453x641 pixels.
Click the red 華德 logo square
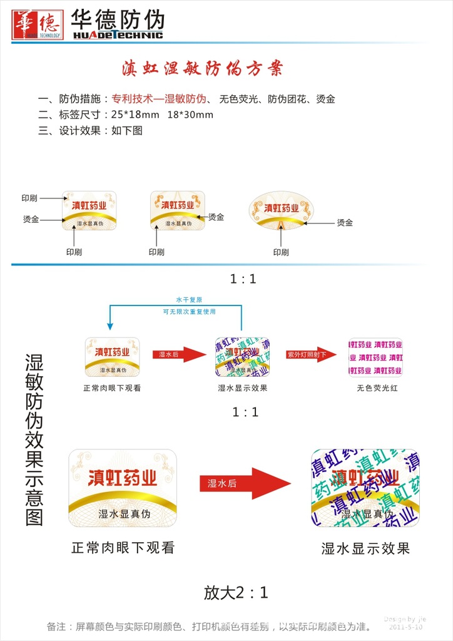38,24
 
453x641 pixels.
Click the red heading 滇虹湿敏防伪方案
202,68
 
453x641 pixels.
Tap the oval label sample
282,210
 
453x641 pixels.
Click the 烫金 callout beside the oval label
345,223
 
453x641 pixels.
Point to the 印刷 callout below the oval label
281,252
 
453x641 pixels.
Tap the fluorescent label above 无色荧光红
375,357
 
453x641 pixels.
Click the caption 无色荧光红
377,388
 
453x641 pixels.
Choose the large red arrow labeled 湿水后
245,483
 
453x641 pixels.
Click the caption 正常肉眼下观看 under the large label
123,548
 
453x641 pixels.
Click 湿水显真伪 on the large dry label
125,514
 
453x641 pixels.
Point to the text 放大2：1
236,592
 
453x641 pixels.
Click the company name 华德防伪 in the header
118,19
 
